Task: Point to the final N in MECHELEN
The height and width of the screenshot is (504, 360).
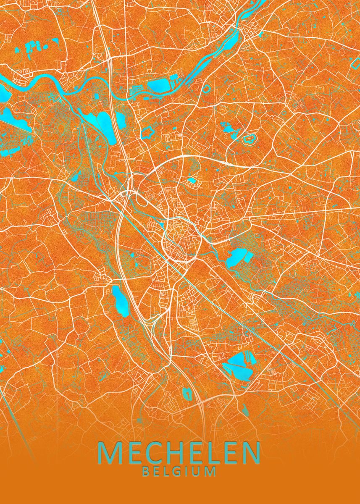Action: click(249, 453)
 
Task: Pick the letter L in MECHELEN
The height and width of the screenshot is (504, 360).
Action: click(209, 453)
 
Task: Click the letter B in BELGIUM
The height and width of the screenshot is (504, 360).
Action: click(145, 471)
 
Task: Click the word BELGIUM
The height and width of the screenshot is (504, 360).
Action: click(179, 471)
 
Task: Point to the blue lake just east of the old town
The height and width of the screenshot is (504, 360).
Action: click(236, 257)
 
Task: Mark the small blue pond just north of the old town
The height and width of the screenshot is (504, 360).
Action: click(192, 181)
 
